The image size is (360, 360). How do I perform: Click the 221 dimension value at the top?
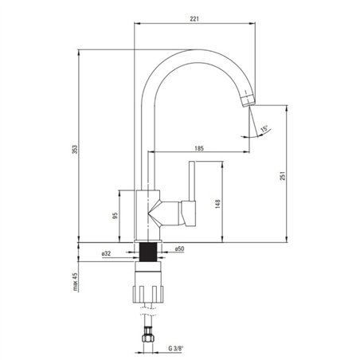coord(194,19)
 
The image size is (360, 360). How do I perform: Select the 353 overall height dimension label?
coord(75,150)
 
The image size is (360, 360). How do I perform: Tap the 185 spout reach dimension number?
coord(199,148)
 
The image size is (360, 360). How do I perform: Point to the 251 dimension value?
coord(283,176)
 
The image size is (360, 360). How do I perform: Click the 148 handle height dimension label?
coord(217,204)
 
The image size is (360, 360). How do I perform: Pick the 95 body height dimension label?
coord(115,216)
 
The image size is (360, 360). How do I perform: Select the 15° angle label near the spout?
coord(264,129)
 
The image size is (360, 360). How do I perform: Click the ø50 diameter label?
coord(179,249)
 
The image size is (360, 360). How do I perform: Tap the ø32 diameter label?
coord(106,254)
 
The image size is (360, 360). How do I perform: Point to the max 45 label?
coord(75,282)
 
